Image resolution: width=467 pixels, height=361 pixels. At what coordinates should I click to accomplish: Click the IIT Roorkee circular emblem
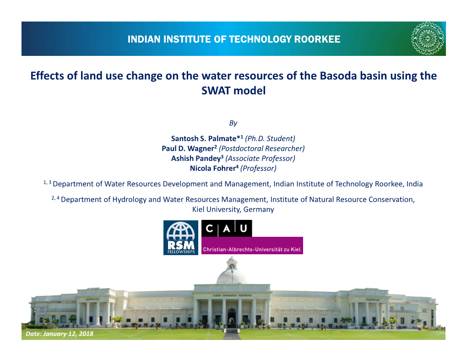427,38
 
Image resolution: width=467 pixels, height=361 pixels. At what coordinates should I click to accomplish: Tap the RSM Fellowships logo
181,237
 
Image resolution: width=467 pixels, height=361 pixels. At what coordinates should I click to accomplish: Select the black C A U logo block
227,228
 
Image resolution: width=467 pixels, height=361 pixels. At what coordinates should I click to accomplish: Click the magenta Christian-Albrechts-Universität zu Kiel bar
252,246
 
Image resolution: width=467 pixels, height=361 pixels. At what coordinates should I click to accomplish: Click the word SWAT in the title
216,91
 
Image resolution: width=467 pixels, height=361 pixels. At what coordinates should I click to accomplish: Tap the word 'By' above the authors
233,123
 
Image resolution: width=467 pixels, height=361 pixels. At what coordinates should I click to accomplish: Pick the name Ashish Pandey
196,159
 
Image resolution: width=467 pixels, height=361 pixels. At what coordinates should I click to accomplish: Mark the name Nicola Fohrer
212,169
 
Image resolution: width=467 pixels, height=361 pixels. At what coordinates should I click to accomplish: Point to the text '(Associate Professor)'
260,159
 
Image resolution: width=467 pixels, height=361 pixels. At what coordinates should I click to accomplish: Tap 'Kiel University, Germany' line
233,209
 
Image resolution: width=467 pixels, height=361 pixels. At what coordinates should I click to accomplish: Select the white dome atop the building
231,274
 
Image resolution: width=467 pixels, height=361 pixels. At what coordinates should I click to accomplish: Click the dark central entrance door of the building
232,317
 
